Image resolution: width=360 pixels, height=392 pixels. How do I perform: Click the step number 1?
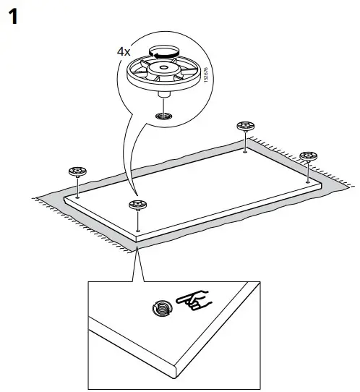[x=12, y=16]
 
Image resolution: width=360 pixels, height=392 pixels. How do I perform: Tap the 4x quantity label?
[x=125, y=52]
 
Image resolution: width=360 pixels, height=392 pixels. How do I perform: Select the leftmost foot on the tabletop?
[x=77, y=172]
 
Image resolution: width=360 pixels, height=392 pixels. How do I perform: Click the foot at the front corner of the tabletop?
[x=136, y=206]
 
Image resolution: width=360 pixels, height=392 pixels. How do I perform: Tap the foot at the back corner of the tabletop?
[x=247, y=127]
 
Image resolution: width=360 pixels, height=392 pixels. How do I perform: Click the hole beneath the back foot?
[x=247, y=151]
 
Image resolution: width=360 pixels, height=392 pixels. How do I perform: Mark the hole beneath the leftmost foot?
[x=77, y=197]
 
